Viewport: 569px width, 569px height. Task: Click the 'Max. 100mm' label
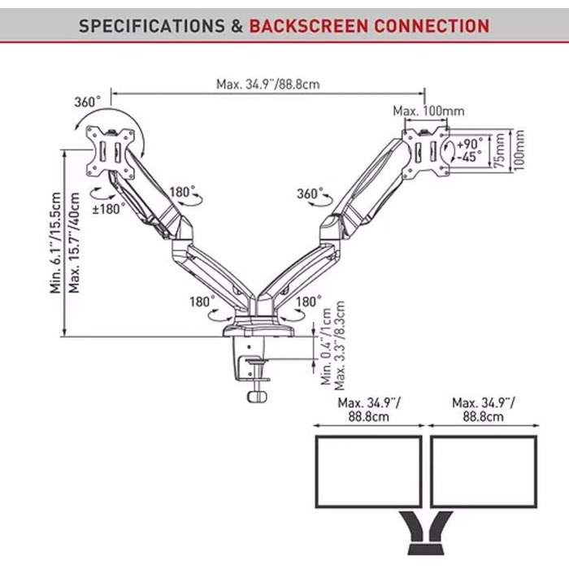(x=428, y=110)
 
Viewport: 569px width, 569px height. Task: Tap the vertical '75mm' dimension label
(x=499, y=150)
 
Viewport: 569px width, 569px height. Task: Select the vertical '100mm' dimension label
(x=520, y=150)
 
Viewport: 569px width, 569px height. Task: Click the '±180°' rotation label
(x=109, y=208)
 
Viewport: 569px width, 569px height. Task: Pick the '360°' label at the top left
(x=87, y=102)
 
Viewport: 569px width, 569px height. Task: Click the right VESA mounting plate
(x=427, y=150)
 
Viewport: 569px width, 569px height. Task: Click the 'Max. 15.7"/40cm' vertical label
(x=76, y=244)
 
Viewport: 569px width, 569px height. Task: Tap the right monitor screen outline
(x=483, y=471)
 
